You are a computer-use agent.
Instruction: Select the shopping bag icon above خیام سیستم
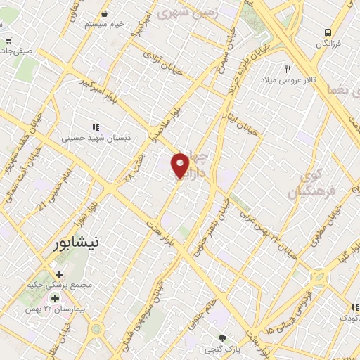[x=105, y=13]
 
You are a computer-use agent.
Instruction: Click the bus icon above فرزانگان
[x=328, y=32]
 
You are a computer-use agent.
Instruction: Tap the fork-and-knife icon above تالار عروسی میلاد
[x=288, y=70]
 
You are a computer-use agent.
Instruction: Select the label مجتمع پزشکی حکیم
[x=66, y=288]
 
